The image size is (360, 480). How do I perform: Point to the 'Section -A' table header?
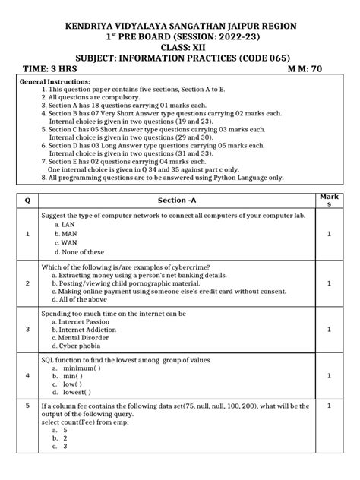point(176,200)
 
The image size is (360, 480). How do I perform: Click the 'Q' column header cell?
point(27,200)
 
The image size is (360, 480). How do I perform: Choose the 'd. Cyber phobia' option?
point(81,348)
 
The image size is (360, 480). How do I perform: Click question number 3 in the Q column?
point(27,330)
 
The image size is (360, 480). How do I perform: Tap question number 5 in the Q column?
point(27,406)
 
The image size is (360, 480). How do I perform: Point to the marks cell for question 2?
point(329,283)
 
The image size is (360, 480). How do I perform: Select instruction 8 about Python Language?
point(163,178)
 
